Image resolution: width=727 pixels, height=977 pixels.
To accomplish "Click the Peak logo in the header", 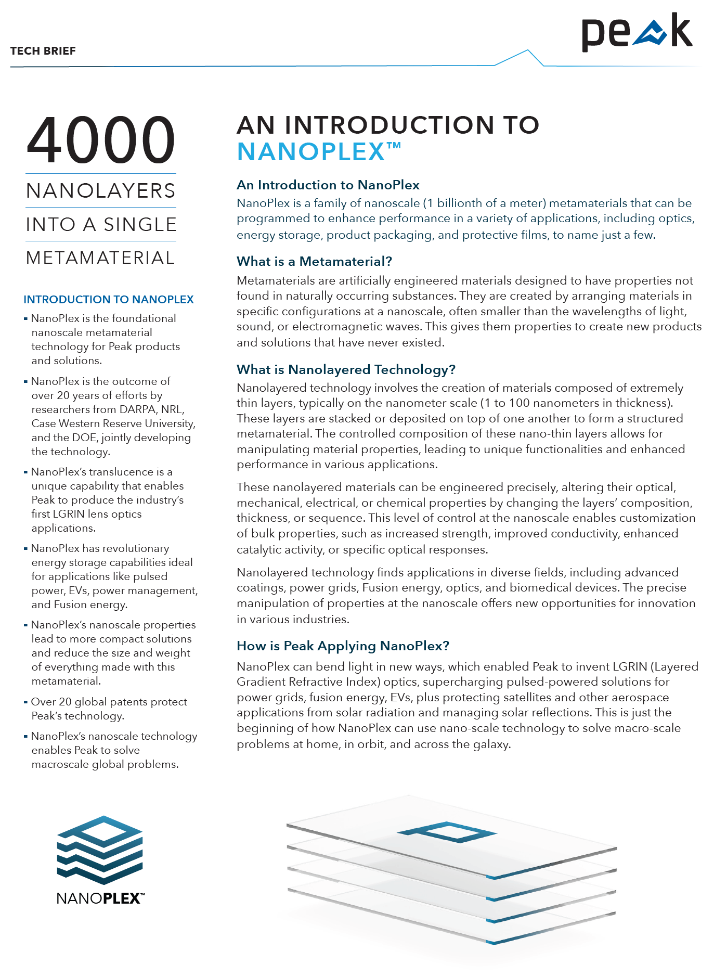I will tap(637, 32).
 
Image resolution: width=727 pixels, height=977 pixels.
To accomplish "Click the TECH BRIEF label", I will tap(43, 51).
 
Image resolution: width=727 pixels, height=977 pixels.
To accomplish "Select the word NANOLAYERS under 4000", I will tap(101, 191).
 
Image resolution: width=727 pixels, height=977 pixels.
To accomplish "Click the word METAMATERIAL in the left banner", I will tap(101, 258).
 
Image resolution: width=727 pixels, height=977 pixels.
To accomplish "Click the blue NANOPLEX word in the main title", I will tap(311, 152).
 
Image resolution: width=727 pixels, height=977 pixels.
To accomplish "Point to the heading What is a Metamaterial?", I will tap(314, 261).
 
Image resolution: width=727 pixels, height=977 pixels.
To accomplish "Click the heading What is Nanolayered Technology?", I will tap(346, 369).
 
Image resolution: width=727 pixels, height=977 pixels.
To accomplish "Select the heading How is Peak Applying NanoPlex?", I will tap(343, 646).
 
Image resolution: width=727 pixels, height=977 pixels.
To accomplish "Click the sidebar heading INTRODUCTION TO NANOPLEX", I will tap(109, 300).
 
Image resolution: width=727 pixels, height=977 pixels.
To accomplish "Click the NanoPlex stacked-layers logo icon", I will tap(100, 850).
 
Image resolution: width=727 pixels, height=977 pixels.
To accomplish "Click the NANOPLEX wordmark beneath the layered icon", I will tap(100, 898).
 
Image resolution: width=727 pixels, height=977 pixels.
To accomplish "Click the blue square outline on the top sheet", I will tap(447, 832).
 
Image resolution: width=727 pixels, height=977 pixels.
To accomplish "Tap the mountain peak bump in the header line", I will tap(527, 52).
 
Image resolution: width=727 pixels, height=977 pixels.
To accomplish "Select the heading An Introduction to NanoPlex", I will tap(328, 185).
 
